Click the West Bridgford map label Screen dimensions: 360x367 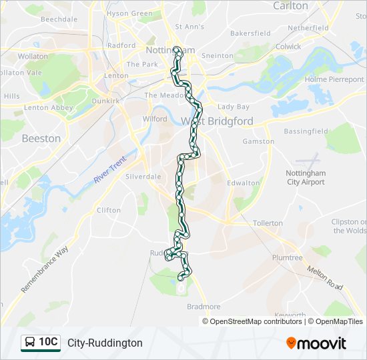point(218,121)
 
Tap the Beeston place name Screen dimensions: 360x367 point(41,139)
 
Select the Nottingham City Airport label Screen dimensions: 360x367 point(305,177)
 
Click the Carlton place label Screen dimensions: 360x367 point(291,6)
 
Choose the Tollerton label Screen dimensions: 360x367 point(268,223)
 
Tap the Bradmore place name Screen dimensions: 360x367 point(204,307)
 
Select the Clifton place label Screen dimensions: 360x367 point(109,210)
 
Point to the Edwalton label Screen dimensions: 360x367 point(244,183)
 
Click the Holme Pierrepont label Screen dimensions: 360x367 point(334,79)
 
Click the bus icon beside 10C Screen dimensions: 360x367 point(30,343)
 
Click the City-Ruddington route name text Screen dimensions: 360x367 point(105,343)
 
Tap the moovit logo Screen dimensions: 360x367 point(316,343)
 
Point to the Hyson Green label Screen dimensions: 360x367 point(129,13)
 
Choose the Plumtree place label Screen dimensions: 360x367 point(287,257)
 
